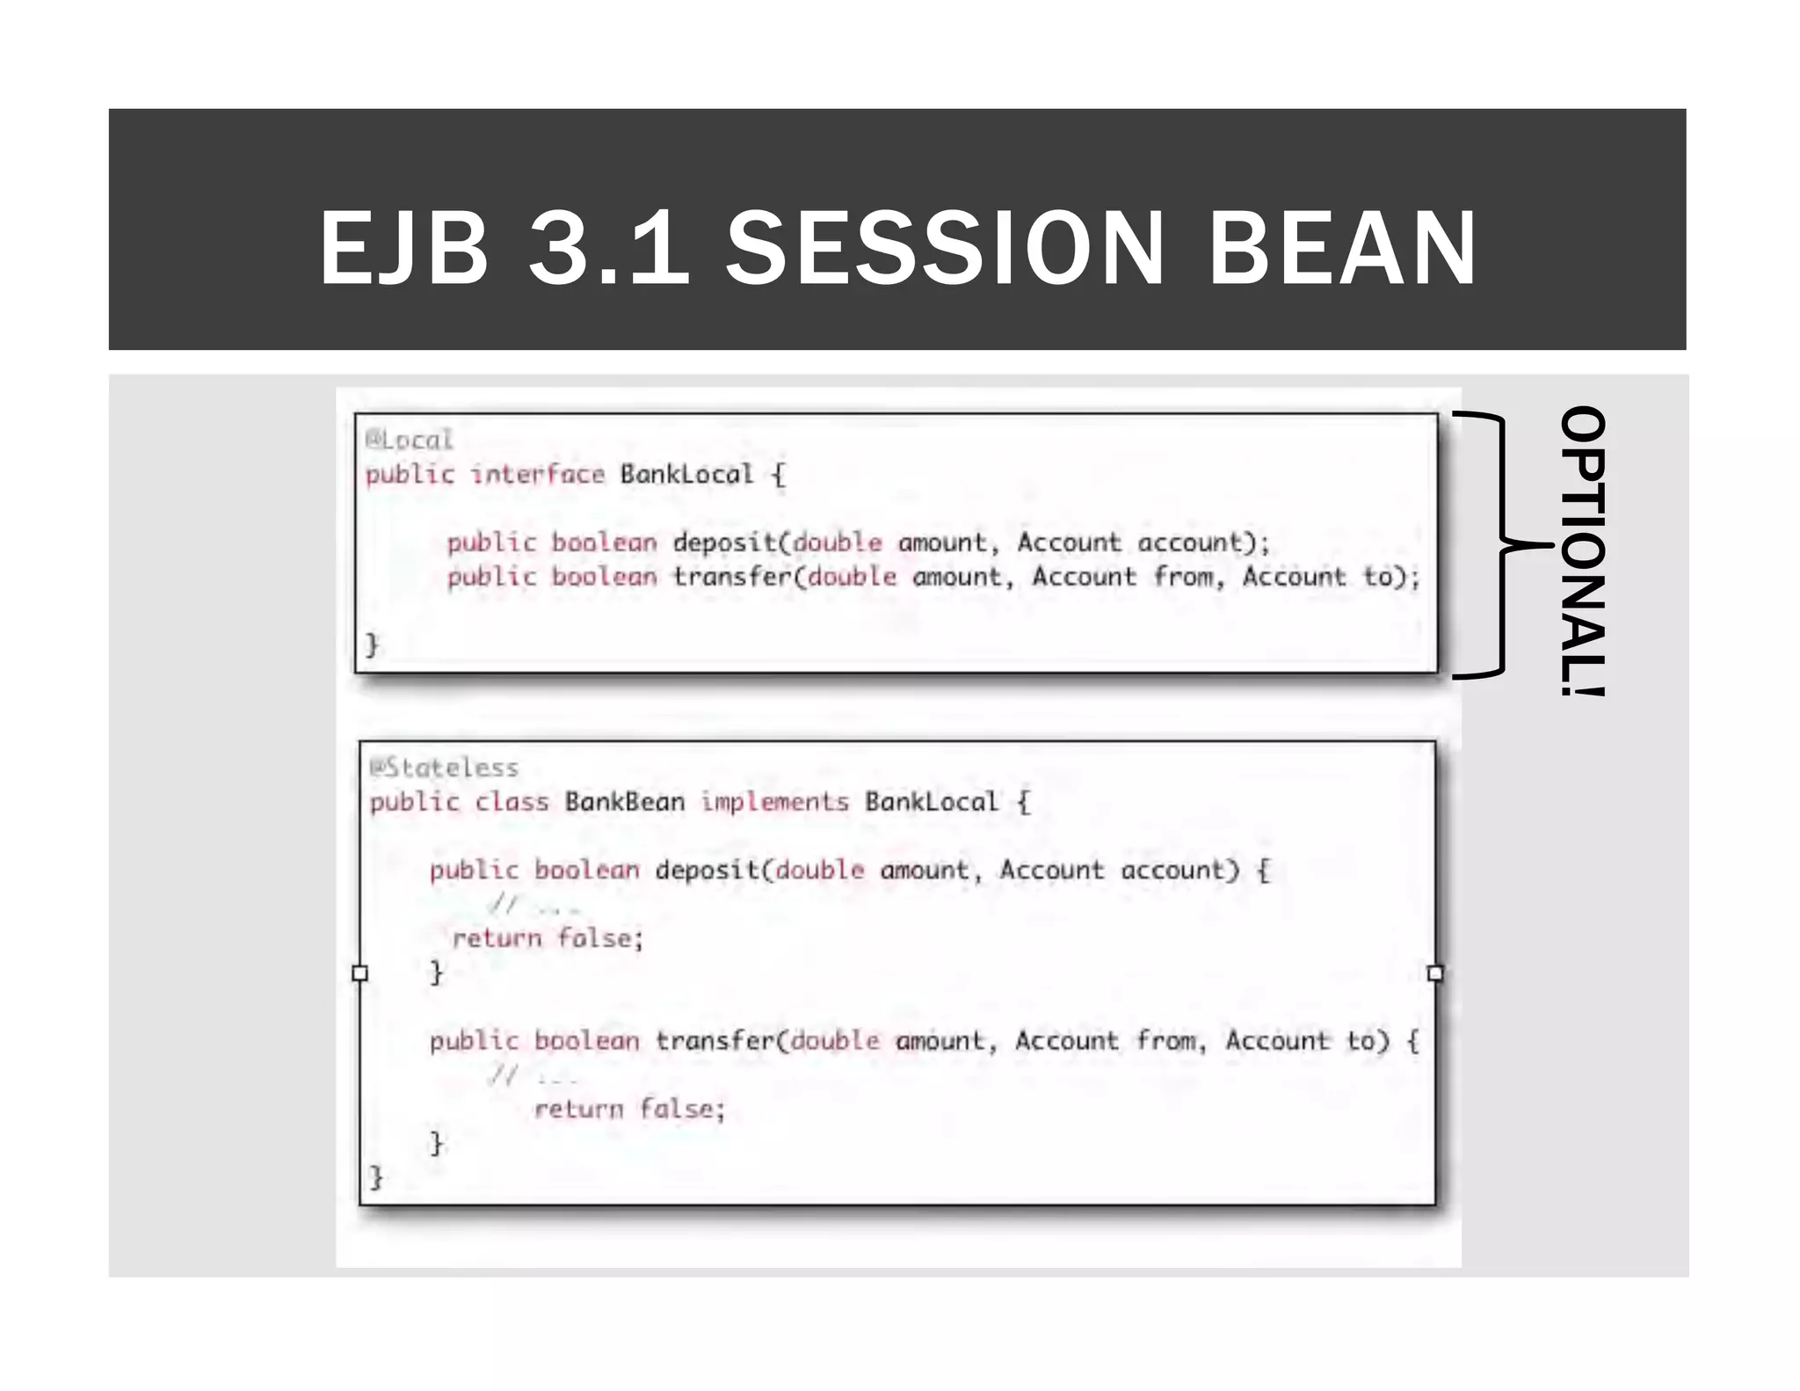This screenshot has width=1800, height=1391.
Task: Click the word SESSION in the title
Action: pyautogui.click(x=945, y=249)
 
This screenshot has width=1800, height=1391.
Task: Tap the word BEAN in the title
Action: pyautogui.click(x=1342, y=249)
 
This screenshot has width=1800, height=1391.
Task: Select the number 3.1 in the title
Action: pyautogui.click(x=608, y=249)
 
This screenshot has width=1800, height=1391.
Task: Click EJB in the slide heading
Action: pyautogui.click(x=403, y=249)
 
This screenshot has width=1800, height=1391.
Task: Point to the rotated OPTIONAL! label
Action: pyautogui.click(x=1583, y=550)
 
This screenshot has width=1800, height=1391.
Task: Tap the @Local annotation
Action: pyautogui.click(x=410, y=440)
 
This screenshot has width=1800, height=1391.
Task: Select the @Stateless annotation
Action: pyautogui.click(x=445, y=768)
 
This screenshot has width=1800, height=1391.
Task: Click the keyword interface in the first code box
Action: pyautogui.click(x=537, y=475)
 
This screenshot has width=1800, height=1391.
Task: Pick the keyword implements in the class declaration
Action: pyautogui.click(x=774, y=802)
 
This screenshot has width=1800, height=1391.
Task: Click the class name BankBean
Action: pyautogui.click(x=624, y=802)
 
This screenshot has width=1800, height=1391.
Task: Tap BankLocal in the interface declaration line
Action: pyautogui.click(x=686, y=475)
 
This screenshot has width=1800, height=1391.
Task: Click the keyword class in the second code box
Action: pyautogui.click(x=512, y=802)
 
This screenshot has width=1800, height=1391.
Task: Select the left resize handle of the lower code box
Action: pyautogui.click(x=359, y=973)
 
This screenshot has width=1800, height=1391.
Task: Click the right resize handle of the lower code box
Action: pyautogui.click(x=1435, y=973)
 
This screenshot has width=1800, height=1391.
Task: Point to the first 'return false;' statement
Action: pyautogui.click(x=548, y=939)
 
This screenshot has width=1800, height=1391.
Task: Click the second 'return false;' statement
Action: pyautogui.click(x=630, y=1110)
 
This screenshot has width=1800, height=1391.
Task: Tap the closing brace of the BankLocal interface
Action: pyautogui.click(x=372, y=645)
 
